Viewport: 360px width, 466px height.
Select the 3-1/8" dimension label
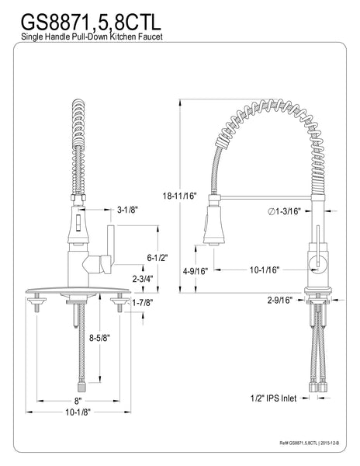128,210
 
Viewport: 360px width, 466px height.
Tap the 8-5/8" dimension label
98,338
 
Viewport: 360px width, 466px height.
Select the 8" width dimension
77,402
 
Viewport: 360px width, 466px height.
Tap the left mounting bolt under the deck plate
36,306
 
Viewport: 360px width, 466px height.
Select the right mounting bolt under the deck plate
119,306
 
